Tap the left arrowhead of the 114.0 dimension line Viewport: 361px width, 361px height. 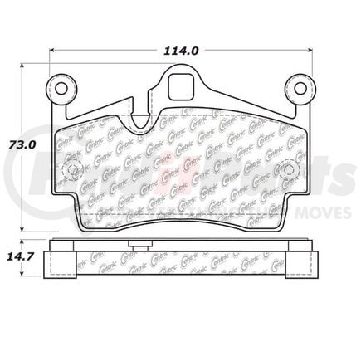(54, 49)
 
